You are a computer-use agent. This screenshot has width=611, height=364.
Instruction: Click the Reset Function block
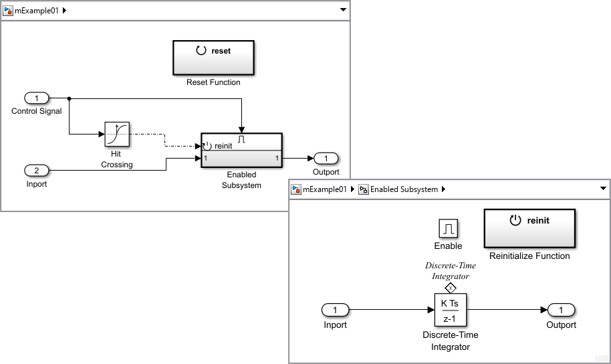pyautogui.click(x=213, y=58)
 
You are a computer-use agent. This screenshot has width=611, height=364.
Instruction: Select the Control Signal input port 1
pyautogui.click(x=37, y=98)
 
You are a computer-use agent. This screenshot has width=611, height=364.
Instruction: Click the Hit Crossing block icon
pyautogui.click(x=117, y=134)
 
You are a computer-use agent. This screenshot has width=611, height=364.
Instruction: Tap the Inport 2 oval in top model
pyautogui.click(x=37, y=171)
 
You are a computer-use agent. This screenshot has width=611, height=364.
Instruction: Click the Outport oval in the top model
pyautogui.click(x=326, y=159)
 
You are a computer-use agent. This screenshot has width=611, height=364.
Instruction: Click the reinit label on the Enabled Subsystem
pyautogui.click(x=223, y=146)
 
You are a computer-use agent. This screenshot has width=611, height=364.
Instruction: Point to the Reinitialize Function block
pyautogui.click(x=529, y=228)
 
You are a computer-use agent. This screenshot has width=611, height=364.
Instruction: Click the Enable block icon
pyautogui.click(x=448, y=229)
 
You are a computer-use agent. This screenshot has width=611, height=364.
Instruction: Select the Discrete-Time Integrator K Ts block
pyautogui.click(x=451, y=310)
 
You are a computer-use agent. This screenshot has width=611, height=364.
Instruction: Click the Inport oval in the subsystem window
pyautogui.click(x=335, y=310)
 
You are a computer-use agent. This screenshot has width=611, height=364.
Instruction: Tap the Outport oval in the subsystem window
pyautogui.click(x=561, y=310)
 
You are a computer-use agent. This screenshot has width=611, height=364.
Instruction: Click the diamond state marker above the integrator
pyautogui.click(x=451, y=288)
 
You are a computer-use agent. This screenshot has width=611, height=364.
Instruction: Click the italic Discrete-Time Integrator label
pyautogui.click(x=451, y=270)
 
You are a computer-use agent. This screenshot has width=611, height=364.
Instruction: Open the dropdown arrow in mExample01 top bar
pyautogui.click(x=343, y=10)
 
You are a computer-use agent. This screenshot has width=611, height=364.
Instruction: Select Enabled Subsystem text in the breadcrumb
pyautogui.click(x=404, y=189)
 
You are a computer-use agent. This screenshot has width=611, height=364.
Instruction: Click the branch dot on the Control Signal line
pyautogui.click(x=70, y=98)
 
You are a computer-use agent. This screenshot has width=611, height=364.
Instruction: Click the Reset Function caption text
pyautogui.click(x=213, y=82)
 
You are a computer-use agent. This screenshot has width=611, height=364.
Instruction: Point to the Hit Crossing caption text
pyautogui.click(x=116, y=159)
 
